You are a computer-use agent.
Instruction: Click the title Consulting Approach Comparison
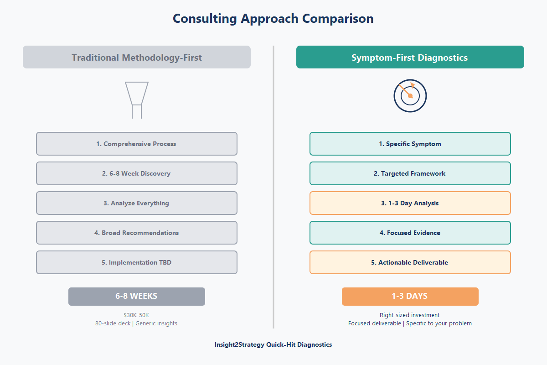tap(273, 19)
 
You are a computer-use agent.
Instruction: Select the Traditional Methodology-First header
tap(137, 57)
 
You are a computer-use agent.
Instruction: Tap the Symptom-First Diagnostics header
tap(410, 57)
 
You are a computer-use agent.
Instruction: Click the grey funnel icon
tap(137, 99)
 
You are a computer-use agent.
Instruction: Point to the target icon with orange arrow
tap(410, 95)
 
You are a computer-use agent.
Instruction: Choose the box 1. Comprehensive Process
tap(137, 144)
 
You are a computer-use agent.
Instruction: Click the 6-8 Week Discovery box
tap(137, 173)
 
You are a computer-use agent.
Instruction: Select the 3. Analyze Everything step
tap(137, 203)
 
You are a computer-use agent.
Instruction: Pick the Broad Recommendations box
tap(137, 233)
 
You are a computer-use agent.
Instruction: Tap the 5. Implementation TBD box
tap(137, 262)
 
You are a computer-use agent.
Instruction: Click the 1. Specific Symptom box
tap(410, 144)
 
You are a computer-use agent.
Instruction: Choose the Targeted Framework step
tap(410, 173)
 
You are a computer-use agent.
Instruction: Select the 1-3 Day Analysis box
tap(410, 203)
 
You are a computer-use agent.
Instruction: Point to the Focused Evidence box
tap(410, 233)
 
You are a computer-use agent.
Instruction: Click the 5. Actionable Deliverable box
tap(410, 262)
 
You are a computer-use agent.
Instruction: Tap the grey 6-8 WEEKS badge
tap(137, 296)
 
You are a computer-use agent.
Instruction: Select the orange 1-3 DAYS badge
tap(410, 296)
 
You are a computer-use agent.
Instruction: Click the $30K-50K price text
tap(136, 315)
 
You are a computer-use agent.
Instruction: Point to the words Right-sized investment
tap(410, 315)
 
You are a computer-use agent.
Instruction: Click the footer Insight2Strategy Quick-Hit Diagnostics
tap(273, 344)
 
